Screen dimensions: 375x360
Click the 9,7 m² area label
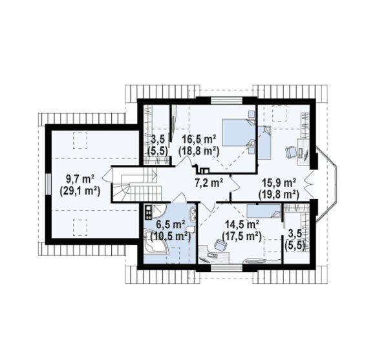click(x=80, y=179)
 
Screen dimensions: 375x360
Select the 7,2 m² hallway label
click(x=209, y=183)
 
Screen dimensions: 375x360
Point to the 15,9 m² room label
click(x=279, y=183)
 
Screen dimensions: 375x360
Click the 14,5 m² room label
click(x=242, y=225)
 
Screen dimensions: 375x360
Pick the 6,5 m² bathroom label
click(x=170, y=225)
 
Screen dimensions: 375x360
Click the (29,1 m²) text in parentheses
click(x=80, y=191)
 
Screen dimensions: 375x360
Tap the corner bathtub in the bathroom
click(x=156, y=242)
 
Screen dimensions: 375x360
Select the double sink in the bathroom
click(x=193, y=214)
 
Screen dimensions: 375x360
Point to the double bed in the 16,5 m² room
click(x=239, y=132)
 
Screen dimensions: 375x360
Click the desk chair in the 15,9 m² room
click(x=290, y=152)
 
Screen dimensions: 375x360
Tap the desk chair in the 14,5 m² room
click(x=220, y=245)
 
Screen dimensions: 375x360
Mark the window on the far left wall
click(x=48, y=184)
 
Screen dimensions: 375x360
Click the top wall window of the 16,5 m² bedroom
click(x=227, y=101)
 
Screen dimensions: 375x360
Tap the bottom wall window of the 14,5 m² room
click(x=227, y=268)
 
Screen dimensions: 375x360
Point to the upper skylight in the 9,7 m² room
click(x=80, y=140)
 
